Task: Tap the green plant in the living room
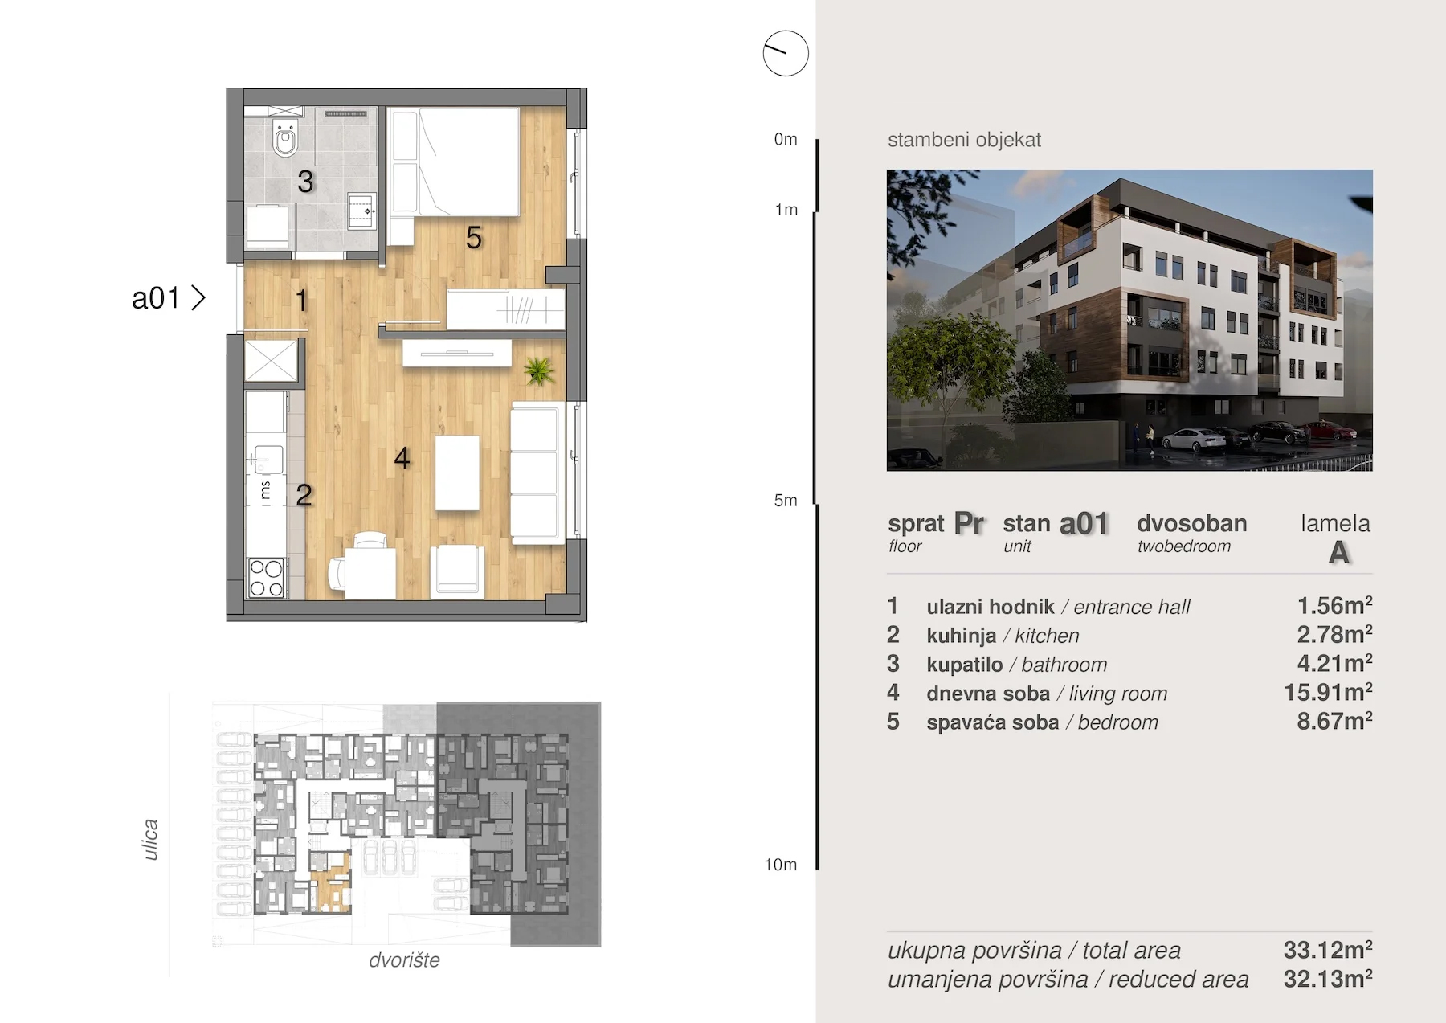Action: click(538, 370)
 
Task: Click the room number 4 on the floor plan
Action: click(402, 458)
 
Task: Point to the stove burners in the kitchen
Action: click(266, 578)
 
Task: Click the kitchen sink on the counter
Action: click(268, 460)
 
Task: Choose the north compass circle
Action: click(786, 54)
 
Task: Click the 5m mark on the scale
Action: click(786, 501)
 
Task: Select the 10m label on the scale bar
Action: click(780, 865)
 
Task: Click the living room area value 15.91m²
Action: click(1328, 692)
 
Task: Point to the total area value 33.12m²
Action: click(1328, 950)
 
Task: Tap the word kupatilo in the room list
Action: click(964, 665)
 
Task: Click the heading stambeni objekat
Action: click(964, 140)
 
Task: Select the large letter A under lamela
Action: click(1338, 553)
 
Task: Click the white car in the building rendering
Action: click(1193, 440)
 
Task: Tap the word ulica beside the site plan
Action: click(150, 840)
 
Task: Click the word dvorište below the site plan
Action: click(404, 960)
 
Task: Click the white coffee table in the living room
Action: click(457, 473)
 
